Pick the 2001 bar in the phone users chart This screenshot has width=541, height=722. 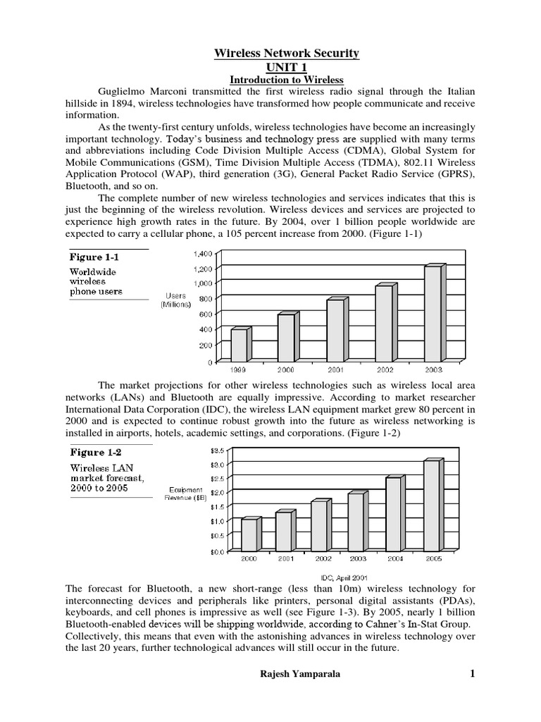[335, 330]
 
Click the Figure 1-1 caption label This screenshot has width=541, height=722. [94, 257]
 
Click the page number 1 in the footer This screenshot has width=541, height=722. [473, 675]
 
